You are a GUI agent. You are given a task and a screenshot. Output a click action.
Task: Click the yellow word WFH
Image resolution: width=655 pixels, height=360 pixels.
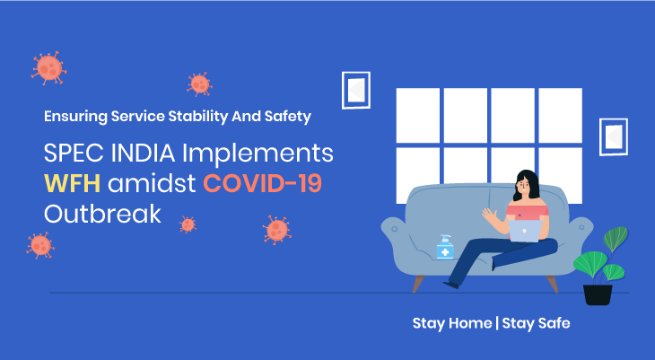[73, 183]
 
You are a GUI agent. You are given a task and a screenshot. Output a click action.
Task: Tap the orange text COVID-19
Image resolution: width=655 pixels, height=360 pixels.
[263, 183]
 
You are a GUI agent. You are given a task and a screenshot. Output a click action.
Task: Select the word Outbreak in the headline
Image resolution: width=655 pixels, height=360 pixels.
[103, 214]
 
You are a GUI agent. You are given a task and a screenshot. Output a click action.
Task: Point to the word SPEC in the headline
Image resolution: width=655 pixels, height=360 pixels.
[74, 153]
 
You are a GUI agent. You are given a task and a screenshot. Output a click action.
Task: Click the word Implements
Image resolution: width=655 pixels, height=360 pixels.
[258, 154]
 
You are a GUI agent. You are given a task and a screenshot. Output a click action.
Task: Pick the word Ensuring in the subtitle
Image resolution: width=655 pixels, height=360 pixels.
[75, 117]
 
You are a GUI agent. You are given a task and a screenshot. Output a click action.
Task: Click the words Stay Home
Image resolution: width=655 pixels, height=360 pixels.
[452, 323]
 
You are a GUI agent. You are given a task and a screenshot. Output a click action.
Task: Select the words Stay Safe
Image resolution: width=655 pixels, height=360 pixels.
[536, 323]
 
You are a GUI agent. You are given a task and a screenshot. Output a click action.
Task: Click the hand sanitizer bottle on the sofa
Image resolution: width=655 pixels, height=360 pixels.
[445, 247]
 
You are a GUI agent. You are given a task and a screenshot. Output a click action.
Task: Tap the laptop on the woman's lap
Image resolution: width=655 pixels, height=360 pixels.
[525, 231]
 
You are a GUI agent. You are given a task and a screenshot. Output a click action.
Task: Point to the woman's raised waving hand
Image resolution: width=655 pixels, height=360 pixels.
[489, 215]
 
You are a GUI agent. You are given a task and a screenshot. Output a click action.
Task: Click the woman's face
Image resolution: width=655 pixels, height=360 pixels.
[524, 185]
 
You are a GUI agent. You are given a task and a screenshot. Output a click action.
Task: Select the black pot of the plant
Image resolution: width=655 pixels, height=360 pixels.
[598, 294]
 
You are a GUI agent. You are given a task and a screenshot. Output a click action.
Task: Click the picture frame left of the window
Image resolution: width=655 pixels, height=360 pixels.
[356, 91]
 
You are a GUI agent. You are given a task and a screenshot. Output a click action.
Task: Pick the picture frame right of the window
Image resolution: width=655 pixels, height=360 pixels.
[613, 136]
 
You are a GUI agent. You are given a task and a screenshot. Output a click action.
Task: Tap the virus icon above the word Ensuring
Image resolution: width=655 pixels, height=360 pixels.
[48, 67]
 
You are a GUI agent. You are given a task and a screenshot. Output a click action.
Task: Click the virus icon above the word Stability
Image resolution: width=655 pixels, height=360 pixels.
[199, 84]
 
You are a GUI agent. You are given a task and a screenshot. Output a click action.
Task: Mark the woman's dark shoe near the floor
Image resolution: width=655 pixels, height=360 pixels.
[451, 285]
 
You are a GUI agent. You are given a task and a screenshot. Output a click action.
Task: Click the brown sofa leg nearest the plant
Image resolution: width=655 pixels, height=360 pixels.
[552, 284]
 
